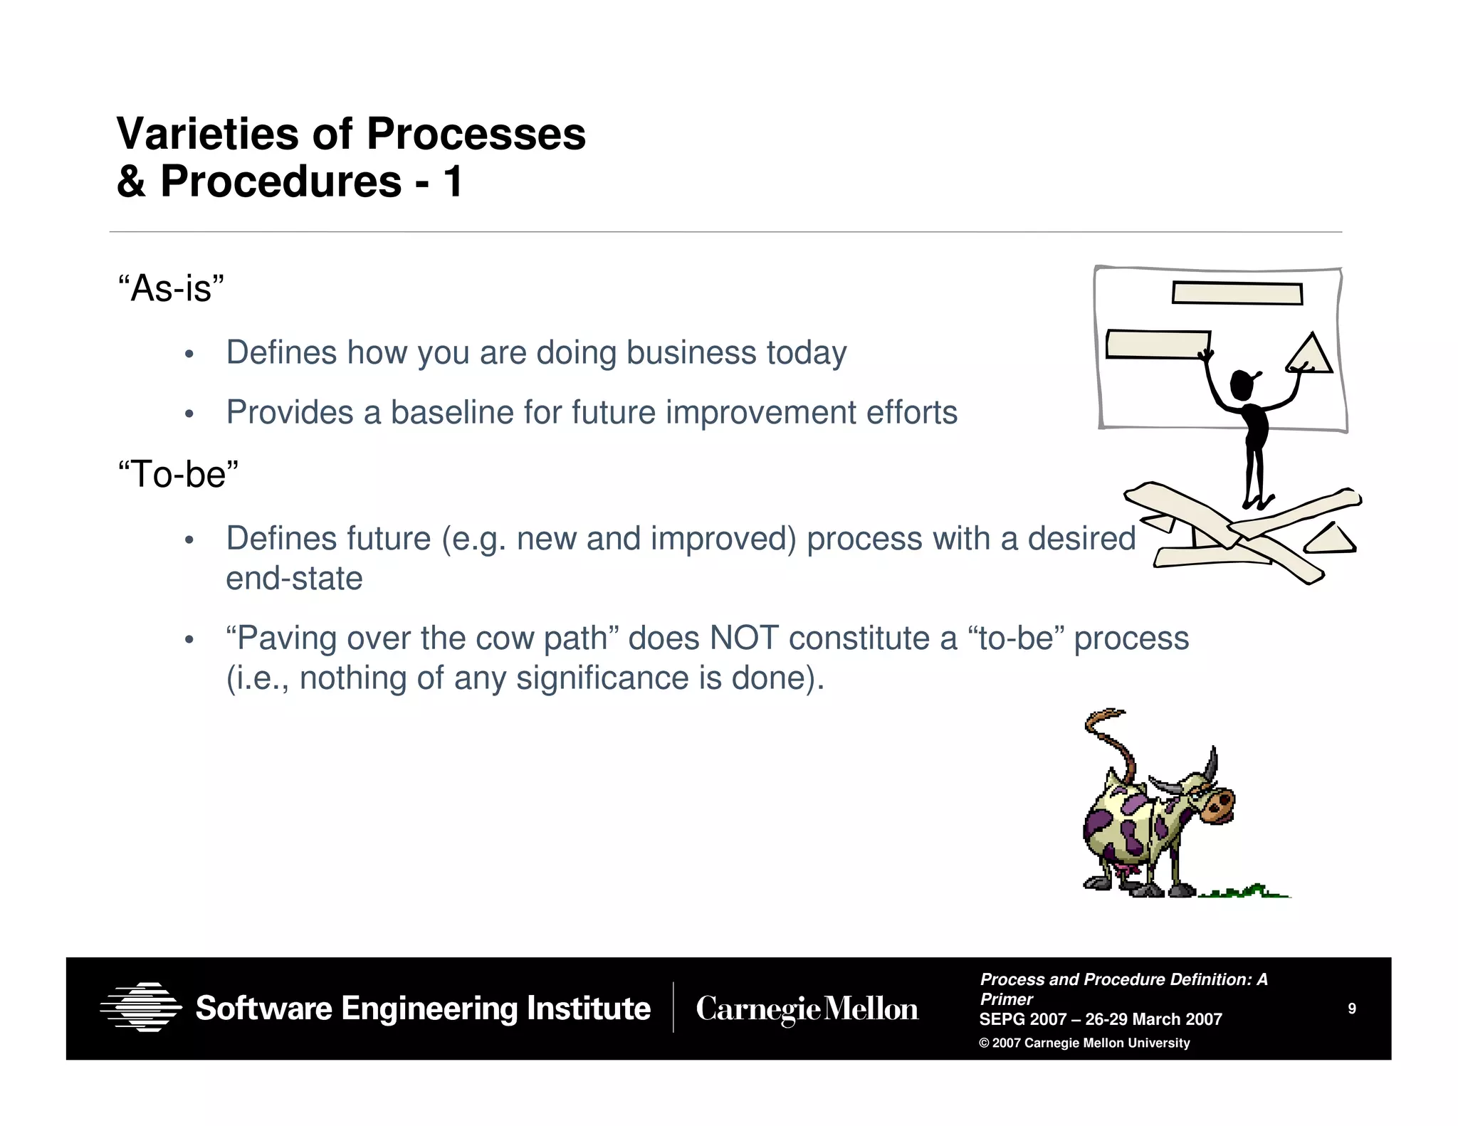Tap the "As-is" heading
(x=171, y=288)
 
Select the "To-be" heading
(x=178, y=474)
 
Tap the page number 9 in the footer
(x=1351, y=1009)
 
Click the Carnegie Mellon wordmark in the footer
(x=807, y=1009)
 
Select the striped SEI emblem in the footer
(x=141, y=1007)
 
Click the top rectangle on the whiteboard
(x=1237, y=293)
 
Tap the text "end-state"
(x=294, y=578)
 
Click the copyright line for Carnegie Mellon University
(x=1084, y=1043)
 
